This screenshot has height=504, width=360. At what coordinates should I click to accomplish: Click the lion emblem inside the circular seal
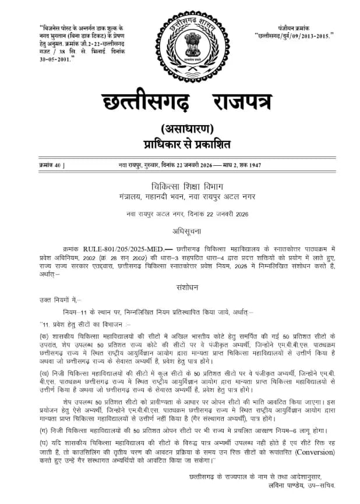click(180, 44)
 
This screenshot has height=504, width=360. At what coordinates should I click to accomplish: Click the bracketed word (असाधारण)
click(179, 129)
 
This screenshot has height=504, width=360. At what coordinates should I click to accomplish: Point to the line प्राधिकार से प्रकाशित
click(179, 143)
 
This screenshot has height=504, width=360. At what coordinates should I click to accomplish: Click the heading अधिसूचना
click(179, 229)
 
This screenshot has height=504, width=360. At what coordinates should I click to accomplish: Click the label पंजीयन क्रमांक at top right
click(294, 27)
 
